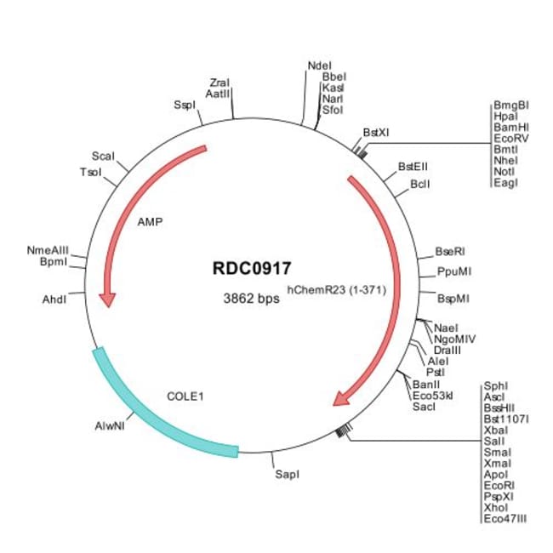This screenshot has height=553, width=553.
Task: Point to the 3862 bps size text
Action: (x=247, y=299)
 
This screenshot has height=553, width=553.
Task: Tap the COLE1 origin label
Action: (x=186, y=396)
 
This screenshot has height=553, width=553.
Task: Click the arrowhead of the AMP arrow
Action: (x=107, y=299)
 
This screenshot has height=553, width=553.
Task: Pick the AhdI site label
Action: (x=54, y=299)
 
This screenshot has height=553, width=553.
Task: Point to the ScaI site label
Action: (x=102, y=157)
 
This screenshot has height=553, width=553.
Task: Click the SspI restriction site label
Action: (x=184, y=105)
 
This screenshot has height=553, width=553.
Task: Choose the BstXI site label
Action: (x=376, y=133)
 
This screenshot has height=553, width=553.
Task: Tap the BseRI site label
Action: (x=450, y=252)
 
